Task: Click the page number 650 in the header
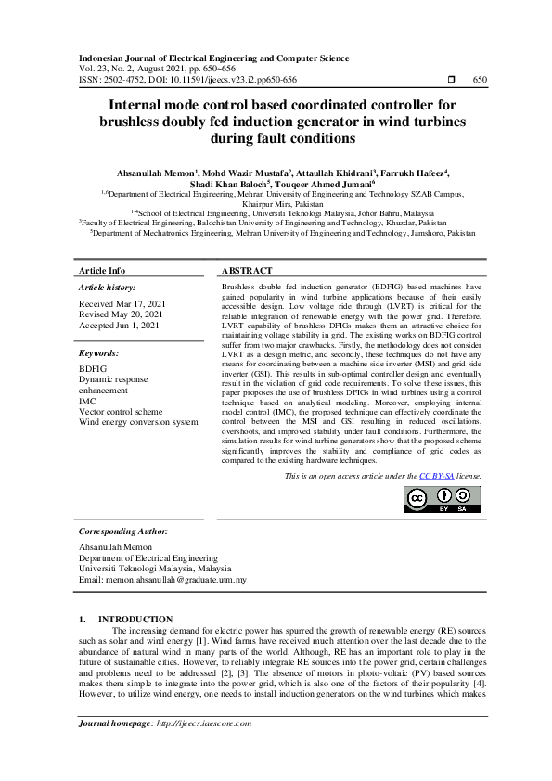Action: (x=480, y=80)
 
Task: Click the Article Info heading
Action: (x=102, y=270)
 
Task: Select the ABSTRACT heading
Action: (x=246, y=270)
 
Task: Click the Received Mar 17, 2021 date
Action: (x=123, y=304)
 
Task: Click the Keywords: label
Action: (x=100, y=353)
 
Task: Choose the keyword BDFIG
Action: (x=94, y=368)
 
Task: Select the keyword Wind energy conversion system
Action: (x=138, y=422)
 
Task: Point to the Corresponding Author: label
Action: (x=123, y=531)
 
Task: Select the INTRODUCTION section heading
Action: (x=135, y=619)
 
